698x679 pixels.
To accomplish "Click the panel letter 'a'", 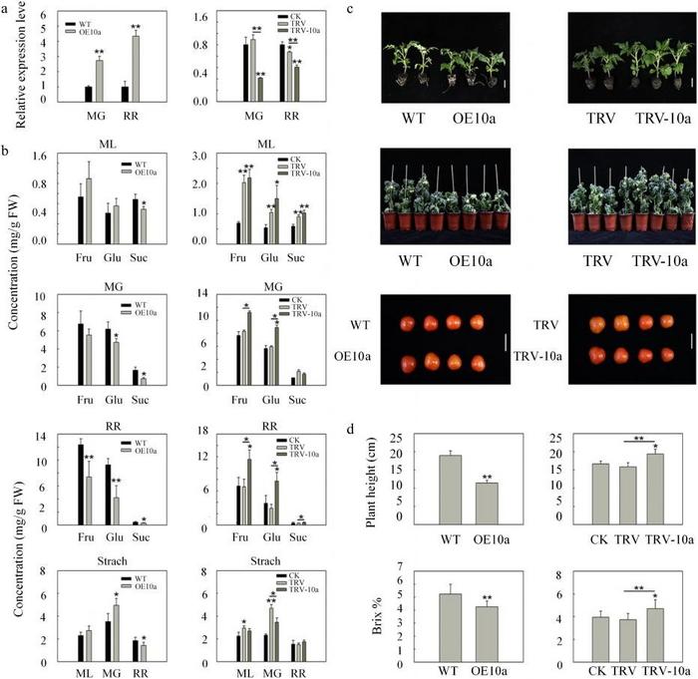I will [x=8, y=8].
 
